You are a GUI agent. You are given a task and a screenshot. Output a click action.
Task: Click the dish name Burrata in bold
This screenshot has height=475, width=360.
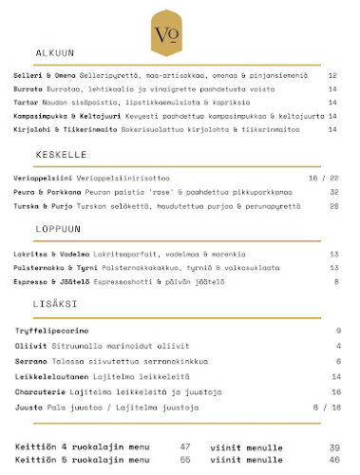pyautogui.click(x=28, y=86)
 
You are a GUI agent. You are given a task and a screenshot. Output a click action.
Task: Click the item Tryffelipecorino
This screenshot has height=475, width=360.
pyautogui.click(x=44, y=330)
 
